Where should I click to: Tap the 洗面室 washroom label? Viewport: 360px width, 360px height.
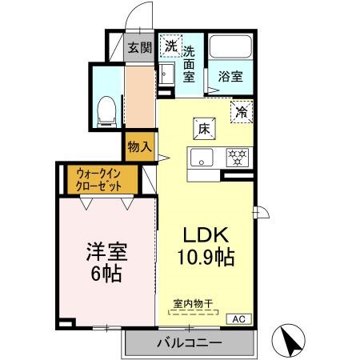click(x=189, y=63)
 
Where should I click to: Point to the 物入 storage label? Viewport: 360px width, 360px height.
click(x=138, y=146)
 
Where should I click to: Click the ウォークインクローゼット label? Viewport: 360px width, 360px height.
click(x=99, y=178)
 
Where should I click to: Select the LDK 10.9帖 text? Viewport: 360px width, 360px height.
click(x=207, y=247)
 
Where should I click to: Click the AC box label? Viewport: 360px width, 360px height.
click(x=238, y=318)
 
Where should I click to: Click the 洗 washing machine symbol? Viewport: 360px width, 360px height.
click(x=170, y=46)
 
